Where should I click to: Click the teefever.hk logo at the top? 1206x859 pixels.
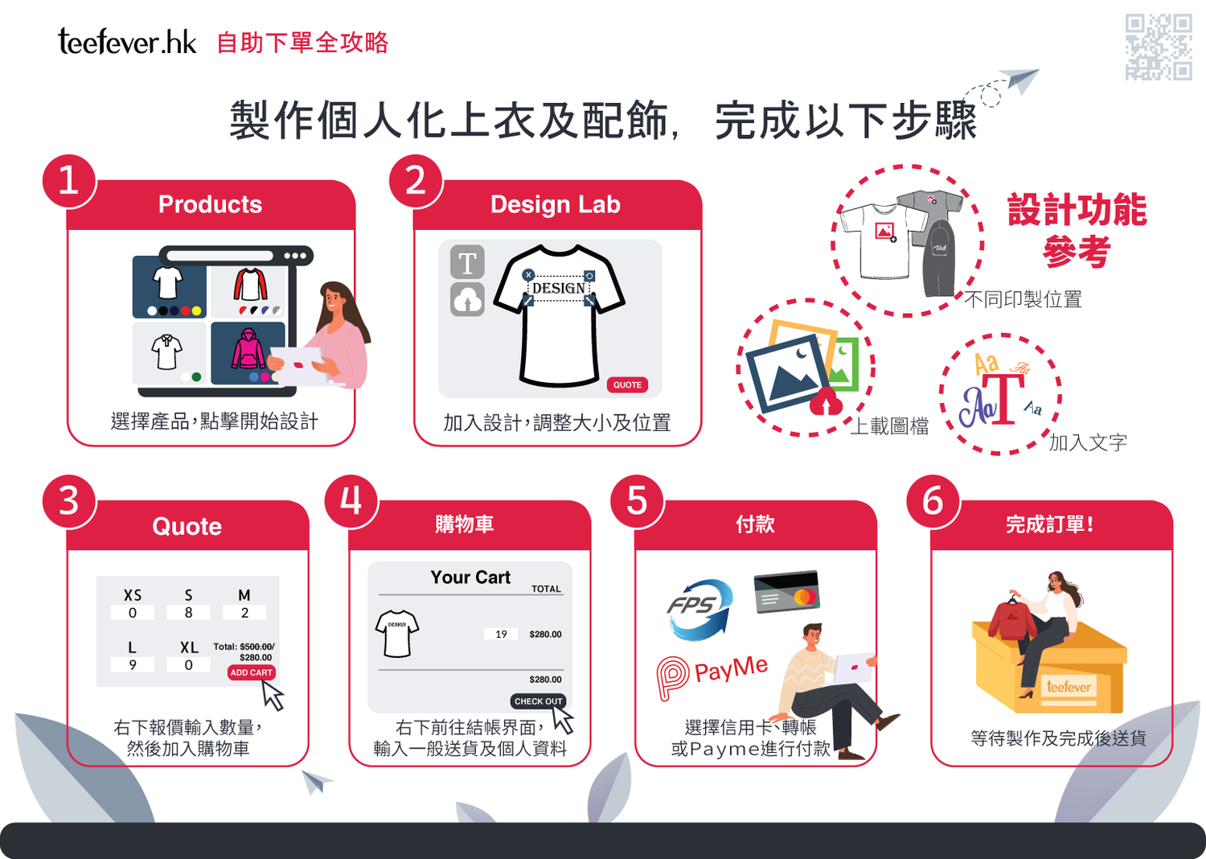(127, 42)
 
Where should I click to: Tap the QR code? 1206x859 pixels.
(1158, 47)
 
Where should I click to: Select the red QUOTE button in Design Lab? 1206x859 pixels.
(627, 384)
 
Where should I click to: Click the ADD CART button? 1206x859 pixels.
(252, 672)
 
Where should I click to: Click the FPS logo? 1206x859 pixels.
(699, 609)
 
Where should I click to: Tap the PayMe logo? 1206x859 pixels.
(712, 676)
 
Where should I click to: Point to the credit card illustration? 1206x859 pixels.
(786, 591)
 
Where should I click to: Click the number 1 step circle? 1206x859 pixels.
(69, 181)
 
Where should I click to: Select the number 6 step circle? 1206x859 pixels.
(933, 501)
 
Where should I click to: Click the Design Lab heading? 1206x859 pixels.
(555, 204)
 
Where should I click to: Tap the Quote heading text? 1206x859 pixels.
(187, 526)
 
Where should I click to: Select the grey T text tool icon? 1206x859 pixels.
(467, 262)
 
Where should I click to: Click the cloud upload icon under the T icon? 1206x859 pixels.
(467, 299)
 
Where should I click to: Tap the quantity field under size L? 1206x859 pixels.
(133, 664)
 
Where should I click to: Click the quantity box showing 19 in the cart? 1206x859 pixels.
(501, 634)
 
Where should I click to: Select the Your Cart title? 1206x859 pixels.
(470, 577)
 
